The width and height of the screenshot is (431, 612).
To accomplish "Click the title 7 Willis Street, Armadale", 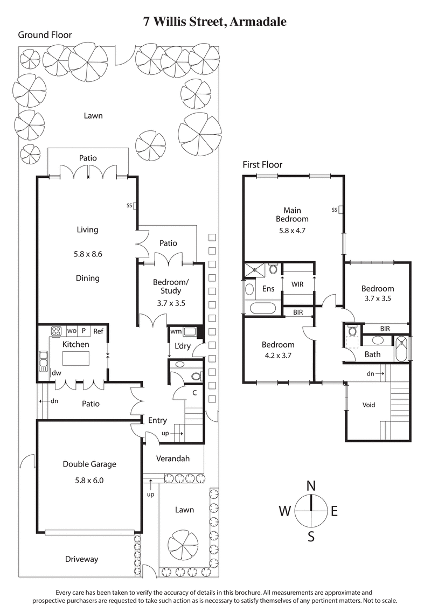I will coord(215,22).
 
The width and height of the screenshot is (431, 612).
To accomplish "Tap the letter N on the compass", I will coord(311,485).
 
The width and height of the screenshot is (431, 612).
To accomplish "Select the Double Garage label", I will coord(89,464).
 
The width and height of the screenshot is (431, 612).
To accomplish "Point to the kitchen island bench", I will coord(75,358).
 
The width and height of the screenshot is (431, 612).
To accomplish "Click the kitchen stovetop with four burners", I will coord(56,331).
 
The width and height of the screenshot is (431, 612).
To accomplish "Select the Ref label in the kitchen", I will coord(98,331).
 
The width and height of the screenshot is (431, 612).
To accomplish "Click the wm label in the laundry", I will coord(176,331).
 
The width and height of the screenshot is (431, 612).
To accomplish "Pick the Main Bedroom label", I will coord(292,214).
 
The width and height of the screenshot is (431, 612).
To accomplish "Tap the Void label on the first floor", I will coord(369,405).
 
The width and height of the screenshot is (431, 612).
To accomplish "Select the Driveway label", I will coord(81,559).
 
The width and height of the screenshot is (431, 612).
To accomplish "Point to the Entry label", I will coord(157,420).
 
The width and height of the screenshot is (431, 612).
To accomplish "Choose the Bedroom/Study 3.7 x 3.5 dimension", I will coord(171,303).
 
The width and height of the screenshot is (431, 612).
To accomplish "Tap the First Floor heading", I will coord(262,165).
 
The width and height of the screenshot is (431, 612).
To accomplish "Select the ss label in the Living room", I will coord(129,205).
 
